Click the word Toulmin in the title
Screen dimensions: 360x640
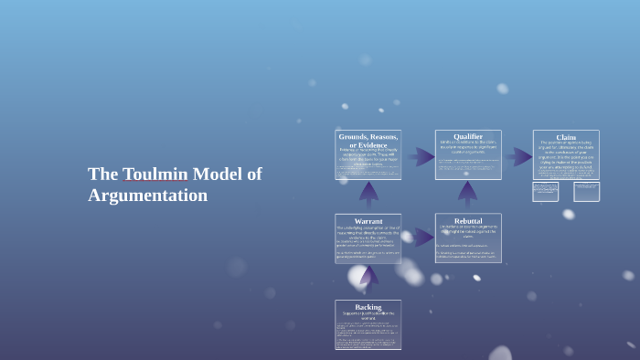[155, 175]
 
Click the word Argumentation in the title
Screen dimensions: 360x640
[147, 196]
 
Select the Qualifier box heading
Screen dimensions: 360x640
[468, 137]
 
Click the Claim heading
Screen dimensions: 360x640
[566, 137]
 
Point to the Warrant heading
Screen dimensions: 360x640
[368, 221]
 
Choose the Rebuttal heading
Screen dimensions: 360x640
[468, 221]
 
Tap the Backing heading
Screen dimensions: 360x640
[368, 307]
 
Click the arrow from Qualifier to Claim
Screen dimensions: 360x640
[518, 157]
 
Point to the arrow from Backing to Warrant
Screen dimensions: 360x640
[368, 277]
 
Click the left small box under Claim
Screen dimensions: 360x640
[546, 191]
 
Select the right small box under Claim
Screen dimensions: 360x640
[586, 191]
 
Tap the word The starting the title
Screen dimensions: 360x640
[103, 175]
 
